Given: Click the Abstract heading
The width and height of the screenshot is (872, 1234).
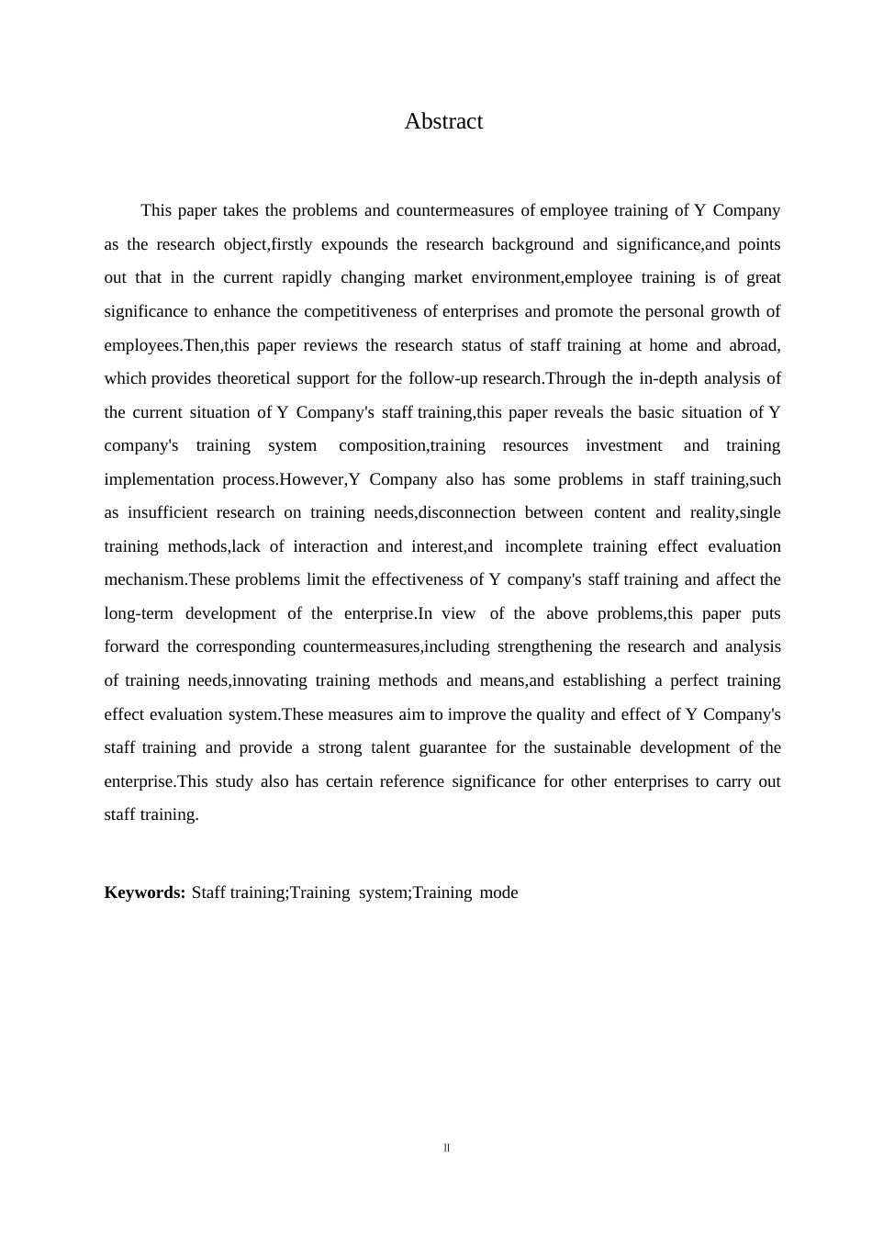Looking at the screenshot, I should point(443,121).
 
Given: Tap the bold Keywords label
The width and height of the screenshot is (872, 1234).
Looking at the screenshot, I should point(145,892).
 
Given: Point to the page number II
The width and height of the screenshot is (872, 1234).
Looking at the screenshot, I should point(447,1148).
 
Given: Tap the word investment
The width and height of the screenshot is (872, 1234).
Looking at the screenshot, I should point(623,445).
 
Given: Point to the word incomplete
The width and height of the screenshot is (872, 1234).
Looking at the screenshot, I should point(543,546).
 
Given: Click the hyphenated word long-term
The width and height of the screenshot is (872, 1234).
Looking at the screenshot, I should point(139,613).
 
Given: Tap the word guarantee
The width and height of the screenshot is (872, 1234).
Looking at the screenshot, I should point(453,747).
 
